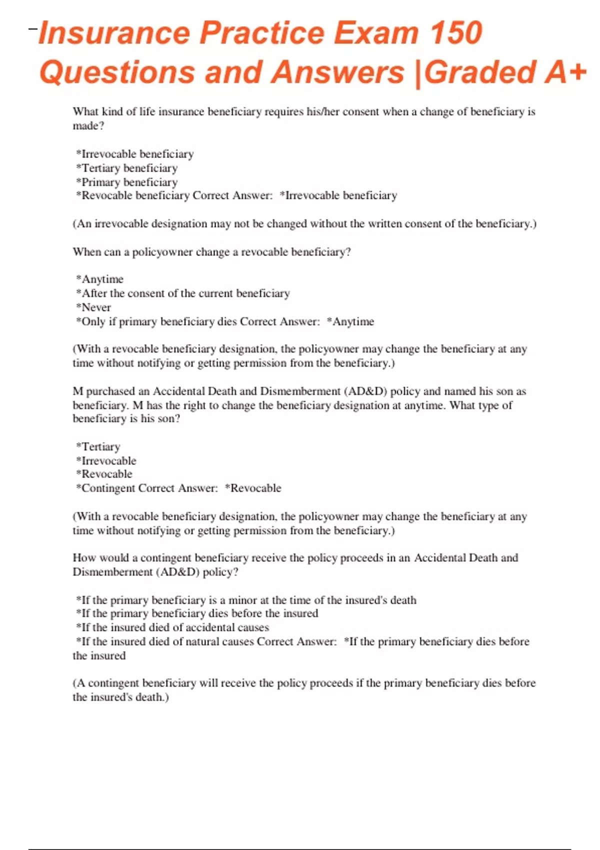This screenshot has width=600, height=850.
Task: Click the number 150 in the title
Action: coord(455,33)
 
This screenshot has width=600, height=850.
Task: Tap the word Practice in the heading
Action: coord(261,33)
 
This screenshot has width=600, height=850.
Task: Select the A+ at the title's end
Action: coord(565,72)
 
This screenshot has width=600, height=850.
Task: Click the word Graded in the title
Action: coord(479,72)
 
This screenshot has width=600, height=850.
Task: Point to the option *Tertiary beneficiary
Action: coord(127,168)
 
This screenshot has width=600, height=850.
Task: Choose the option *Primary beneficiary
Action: coord(127,182)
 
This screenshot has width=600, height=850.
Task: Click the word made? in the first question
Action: coord(88,126)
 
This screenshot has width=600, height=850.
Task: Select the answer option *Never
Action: coord(93,307)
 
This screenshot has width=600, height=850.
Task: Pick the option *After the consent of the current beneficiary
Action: coord(183,293)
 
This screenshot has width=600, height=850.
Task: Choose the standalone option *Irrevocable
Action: coord(106,460)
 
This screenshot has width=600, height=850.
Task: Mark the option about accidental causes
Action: coord(172,627)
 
